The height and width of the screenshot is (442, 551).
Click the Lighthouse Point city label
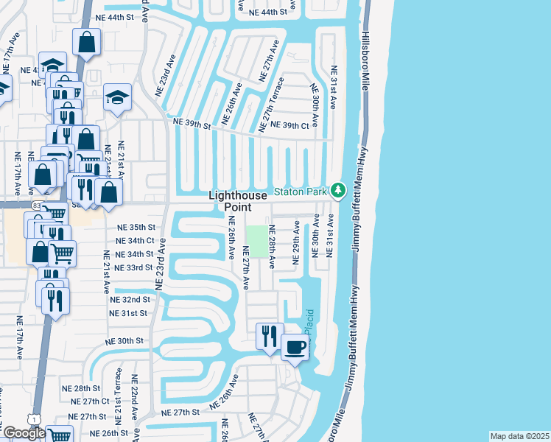(x=234, y=201)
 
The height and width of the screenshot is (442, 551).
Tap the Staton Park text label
(x=300, y=192)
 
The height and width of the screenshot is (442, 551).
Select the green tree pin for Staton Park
(x=338, y=191)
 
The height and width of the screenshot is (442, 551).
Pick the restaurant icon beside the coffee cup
(x=268, y=336)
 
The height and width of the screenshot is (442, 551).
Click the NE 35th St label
(x=136, y=228)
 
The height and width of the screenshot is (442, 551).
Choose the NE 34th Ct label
(x=136, y=241)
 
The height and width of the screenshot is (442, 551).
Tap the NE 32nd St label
(x=131, y=301)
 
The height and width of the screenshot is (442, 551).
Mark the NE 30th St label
(x=124, y=342)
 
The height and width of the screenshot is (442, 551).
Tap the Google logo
(x=24, y=433)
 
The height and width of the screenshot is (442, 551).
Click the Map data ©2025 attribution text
(x=519, y=436)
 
